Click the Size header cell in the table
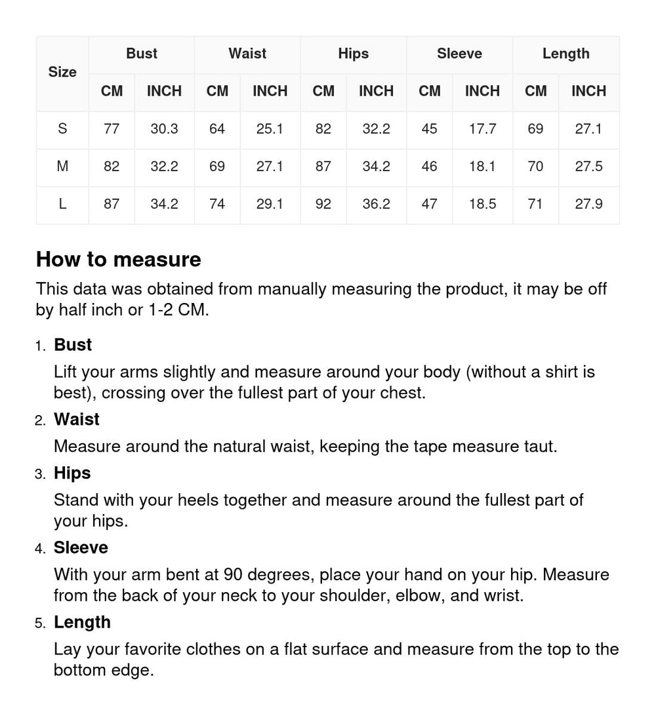(x=62, y=72)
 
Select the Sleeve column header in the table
(x=459, y=54)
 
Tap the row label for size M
(x=62, y=167)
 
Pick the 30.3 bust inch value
(x=164, y=129)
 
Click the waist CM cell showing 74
(x=217, y=204)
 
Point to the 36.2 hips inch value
(x=376, y=204)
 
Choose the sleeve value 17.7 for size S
(x=482, y=129)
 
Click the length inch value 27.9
(x=588, y=204)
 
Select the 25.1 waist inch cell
(x=270, y=129)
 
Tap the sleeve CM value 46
(x=429, y=167)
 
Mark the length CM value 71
(x=535, y=204)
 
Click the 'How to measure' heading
(x=119, y=260)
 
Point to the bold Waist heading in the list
(x=77, y=420)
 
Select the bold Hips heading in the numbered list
(x=72, y=473)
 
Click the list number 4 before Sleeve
(x=39, y=549)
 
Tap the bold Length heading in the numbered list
(x=82, y=622)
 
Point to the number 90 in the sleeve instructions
(x=233, y=575)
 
